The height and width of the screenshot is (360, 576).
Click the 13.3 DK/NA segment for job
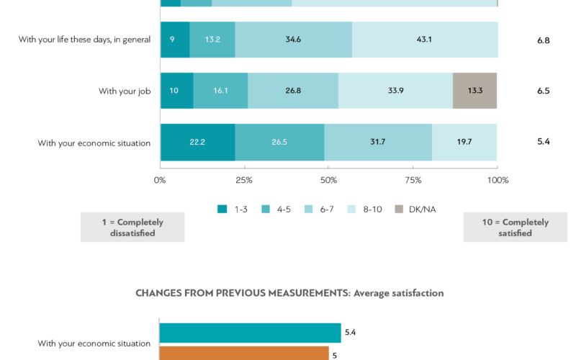(474, 91)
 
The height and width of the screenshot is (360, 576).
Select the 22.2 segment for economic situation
(197, 142)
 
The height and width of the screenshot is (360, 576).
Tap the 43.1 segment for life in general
(425, 40)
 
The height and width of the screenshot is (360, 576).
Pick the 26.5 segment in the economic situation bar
(279, 142)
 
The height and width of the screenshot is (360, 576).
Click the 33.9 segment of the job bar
(395, 91)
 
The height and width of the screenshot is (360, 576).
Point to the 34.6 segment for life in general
(294, 40)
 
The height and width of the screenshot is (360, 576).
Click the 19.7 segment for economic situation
(464, 142)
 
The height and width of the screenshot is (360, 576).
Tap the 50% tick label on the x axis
(328, 180)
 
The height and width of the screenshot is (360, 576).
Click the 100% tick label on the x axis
(498, 180)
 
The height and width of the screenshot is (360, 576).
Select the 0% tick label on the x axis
(161, 180)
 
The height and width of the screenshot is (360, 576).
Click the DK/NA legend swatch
(399, 209)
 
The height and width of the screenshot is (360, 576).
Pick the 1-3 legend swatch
(222, 209)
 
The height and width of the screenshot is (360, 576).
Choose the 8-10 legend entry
(366, 209)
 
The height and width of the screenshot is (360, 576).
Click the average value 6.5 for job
(543, 91)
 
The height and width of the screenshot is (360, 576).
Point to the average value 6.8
(543, 40)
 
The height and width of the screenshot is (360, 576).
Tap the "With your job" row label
(125, 91)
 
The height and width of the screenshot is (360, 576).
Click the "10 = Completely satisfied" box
(515, 228)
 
